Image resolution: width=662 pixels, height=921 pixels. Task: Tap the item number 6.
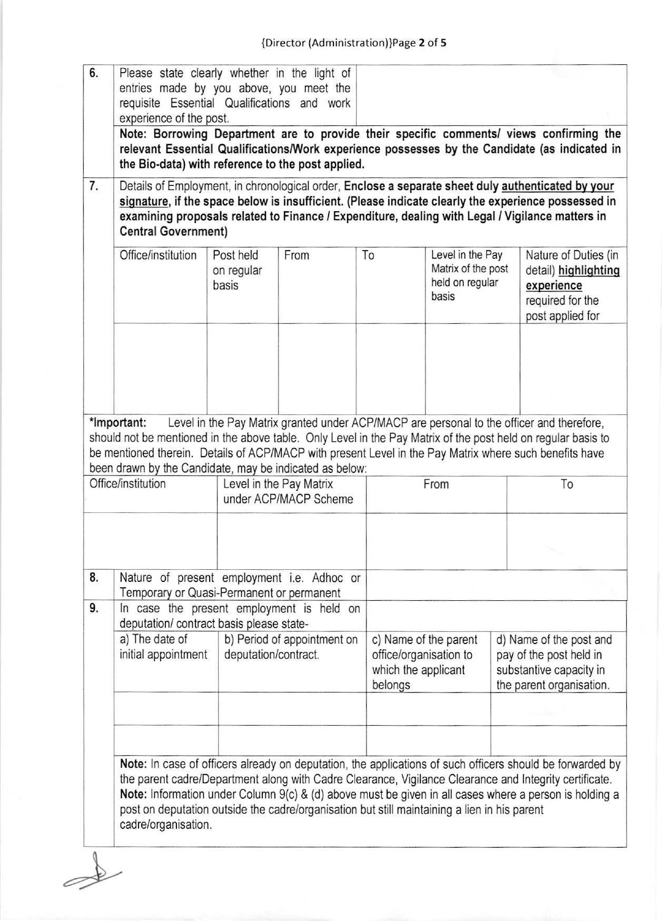click(94, 73)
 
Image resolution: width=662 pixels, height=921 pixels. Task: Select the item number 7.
click(94, 186)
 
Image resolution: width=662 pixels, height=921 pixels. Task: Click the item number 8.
click(94, 578)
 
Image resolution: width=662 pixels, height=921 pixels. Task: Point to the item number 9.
click(94, 608)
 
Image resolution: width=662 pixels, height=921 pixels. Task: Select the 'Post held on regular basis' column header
click(237, 270)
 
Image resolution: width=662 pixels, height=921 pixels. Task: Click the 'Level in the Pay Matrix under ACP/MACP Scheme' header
click(288, 491)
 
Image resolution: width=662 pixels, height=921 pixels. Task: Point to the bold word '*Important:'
click(117, 423)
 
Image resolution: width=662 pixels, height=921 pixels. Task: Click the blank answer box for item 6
click(491, 95)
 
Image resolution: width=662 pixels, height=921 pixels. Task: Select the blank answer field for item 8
click(496, 585)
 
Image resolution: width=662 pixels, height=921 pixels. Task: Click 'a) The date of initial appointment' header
click(163, 647)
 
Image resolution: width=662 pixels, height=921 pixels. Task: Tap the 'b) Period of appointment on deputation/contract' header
click(291, 647)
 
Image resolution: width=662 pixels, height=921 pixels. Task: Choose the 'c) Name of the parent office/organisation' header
click(424, 662)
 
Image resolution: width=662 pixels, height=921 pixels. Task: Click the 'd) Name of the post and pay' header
click(554, 662)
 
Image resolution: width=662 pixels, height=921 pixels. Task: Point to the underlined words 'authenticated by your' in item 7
click(558, 186)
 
